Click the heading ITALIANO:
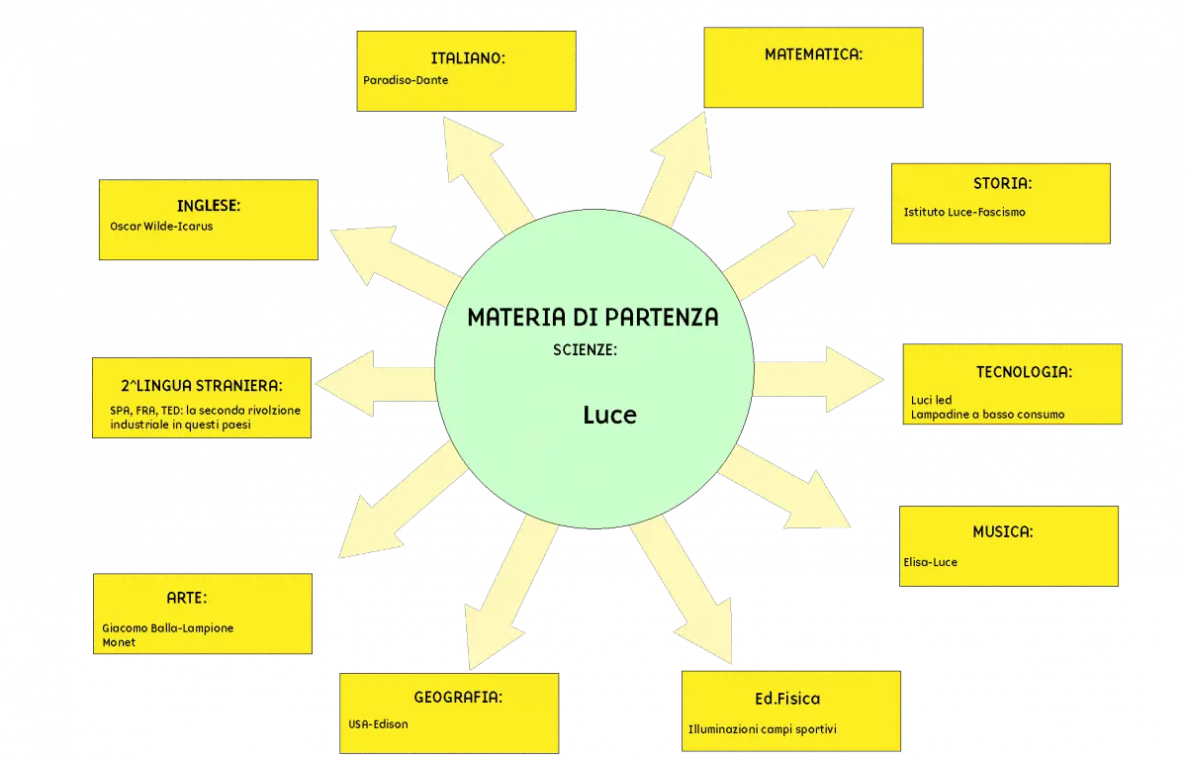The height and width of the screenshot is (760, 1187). pos(468,58)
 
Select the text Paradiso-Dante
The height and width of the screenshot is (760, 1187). pos(406,80)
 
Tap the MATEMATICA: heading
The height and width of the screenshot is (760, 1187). pos(813,54)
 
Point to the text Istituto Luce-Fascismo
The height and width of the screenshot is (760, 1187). pos(963,212)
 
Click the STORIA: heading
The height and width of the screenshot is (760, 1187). pos(1002,183)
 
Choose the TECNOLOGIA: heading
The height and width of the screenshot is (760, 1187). pos(1024,372)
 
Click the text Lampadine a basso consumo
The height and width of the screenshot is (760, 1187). pos(987,415)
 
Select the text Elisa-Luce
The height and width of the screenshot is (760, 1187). pos(930,562)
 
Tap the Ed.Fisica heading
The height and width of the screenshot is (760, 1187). pos(787,699)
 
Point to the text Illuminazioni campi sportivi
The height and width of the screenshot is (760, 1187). pos(762,729)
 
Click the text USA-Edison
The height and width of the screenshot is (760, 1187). pos(378,724)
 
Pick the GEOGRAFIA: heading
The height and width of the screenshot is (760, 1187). pos(458,697)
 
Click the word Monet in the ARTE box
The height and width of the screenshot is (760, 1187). pos(119,642)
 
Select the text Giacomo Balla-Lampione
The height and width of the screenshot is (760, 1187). pos(167,628)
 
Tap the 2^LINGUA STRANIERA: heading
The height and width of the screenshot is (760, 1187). pos(202,385)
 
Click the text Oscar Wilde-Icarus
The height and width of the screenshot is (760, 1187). pos(161,227)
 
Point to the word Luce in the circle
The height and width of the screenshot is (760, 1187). pos(609,415)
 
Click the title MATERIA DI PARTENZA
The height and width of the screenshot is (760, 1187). pos(593,317)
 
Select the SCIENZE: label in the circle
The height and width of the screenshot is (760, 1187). pos(585,349)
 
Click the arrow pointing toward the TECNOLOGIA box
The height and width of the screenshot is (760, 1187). pos(818,379)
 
